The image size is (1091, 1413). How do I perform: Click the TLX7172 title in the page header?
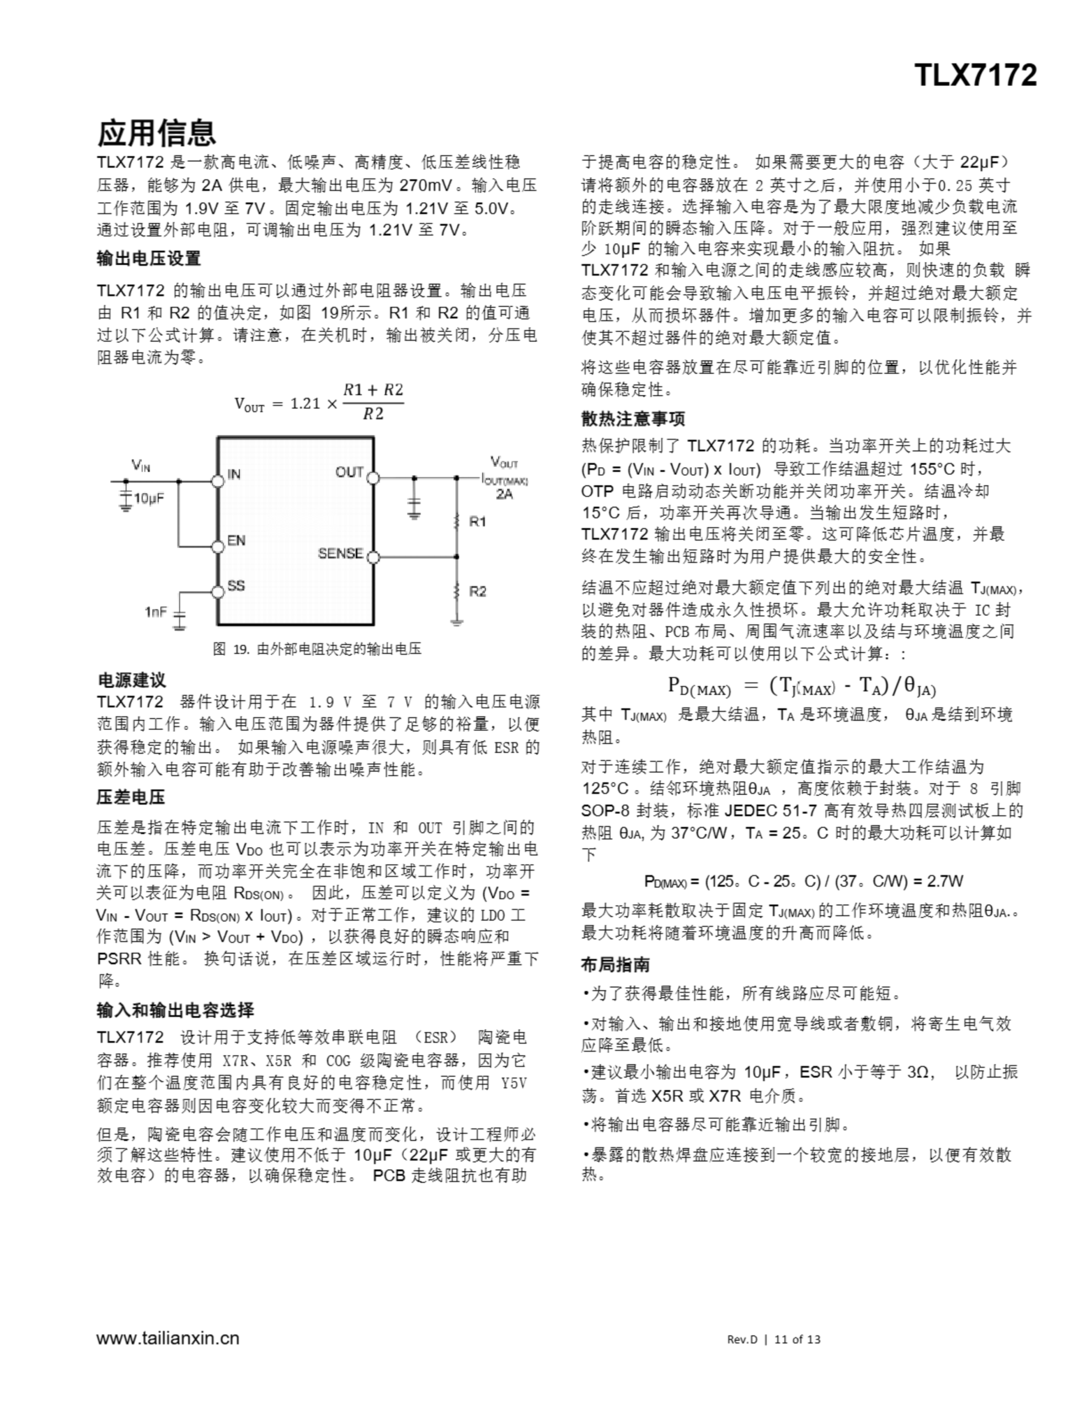(x=975, y=76)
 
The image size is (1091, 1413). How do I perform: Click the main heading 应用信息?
(x=156, y=132)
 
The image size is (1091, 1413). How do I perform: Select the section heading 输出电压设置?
(x=149, y=258)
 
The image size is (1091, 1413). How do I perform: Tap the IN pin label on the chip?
(x=234, y=474)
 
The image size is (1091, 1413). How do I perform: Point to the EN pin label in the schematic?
(x=236, y=540)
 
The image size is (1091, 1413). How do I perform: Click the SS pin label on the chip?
(x=236, y=586)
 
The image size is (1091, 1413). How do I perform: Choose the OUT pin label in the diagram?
(x=349, y=472)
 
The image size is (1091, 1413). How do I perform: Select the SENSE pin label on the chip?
(x=340, y=554)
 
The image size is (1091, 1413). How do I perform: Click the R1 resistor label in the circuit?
(x=478, y=522)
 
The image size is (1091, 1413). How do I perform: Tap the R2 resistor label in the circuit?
(x=478, y=591)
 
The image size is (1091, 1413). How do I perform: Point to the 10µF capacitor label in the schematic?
(x=149, y=498)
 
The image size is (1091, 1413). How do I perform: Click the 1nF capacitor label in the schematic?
(x=156, y=612)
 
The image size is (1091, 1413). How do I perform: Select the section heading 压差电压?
(x=131, y=797)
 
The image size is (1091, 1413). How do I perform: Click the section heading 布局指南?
(x=615, y=965)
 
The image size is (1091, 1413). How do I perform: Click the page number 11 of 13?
(x=797, y=1339)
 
